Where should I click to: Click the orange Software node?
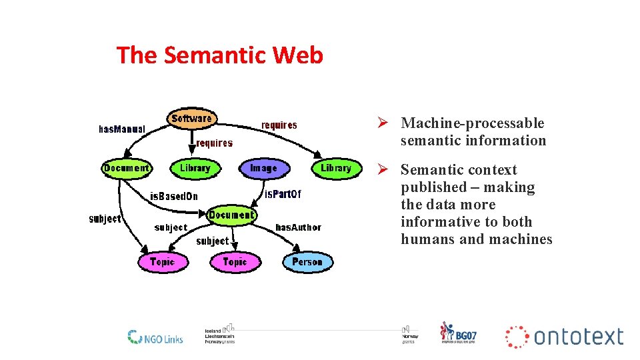(x=191, y=119)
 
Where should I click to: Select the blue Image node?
(x=263, y=168)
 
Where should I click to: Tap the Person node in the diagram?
(x=307, y=262)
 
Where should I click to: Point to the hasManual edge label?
(x=122, y=129)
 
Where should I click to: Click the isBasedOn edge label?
(x=174, y=196)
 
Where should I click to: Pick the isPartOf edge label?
(x=283, y=195)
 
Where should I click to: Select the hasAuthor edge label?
(x=298, y=227)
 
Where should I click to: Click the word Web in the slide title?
(x=297, y=55)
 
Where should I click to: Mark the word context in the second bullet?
(x=489, y=170)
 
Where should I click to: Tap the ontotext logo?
(x=565, y=337)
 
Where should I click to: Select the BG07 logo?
(x=458, y=333)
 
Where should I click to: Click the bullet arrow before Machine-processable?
(x=383, y=123)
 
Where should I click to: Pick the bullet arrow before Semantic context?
(x=383, y=170)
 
